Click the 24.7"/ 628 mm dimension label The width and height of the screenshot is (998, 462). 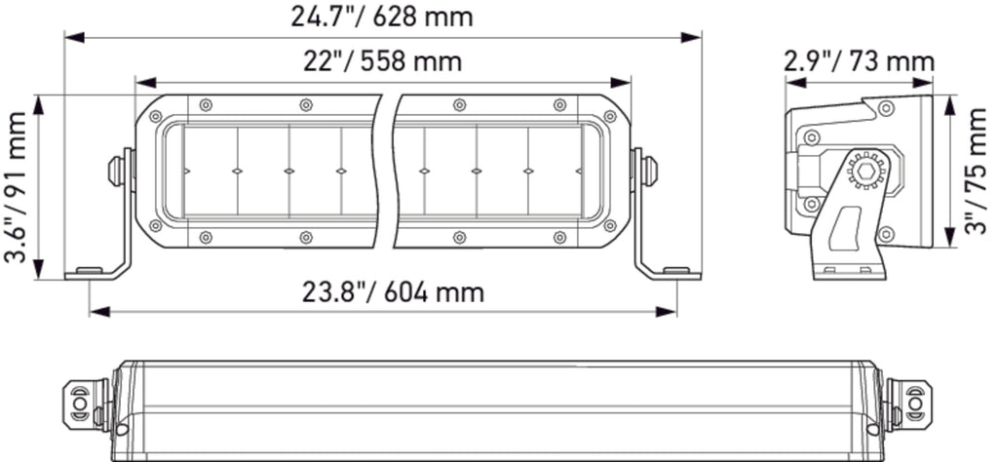click(x=382, y=17)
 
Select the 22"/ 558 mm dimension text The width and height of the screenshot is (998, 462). click(x=382, y=61)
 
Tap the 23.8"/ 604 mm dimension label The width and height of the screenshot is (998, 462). click(x=393, y=292)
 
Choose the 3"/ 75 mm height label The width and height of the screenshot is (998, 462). click(x=977, y=172)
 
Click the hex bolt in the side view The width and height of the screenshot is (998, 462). click(x=865, y=171)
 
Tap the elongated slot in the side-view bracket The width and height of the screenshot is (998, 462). click(x=845, y=228)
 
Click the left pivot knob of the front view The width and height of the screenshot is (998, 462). click(x=117, y=171)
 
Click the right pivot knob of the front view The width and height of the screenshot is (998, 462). click(x=649, y=171)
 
